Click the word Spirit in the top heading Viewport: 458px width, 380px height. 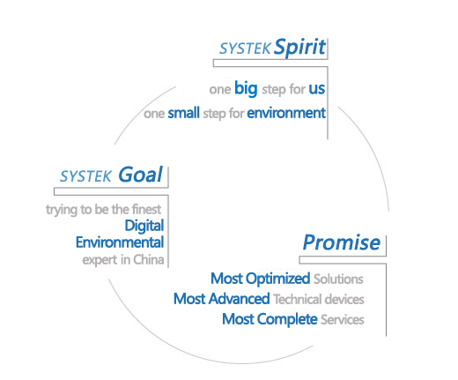(299, 47)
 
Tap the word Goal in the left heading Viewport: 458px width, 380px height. (140, 175)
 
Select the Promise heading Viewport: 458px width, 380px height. (342, 242)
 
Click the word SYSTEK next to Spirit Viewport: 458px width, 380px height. (245, 48)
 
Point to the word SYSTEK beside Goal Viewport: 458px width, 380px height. (85, 176)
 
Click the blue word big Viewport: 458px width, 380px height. (246, 88)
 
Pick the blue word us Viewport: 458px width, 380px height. (316, 89)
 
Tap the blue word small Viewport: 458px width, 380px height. (183, 113)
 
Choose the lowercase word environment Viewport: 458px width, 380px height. (286, 113)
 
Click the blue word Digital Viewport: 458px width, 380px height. (144, 227)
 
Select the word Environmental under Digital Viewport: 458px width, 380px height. (120, 242)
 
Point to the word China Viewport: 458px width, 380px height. (149, 260)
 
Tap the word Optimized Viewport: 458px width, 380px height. (277, 279)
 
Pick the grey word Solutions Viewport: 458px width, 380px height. (338, 279)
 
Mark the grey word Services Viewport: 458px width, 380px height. (343, 320)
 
